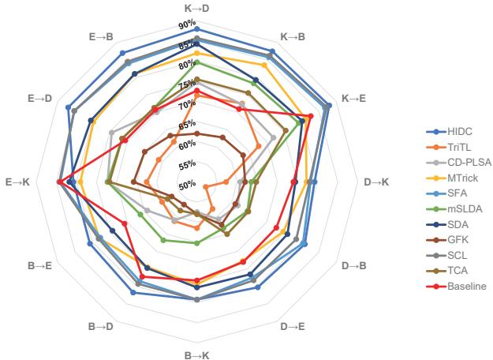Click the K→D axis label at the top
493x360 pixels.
196,8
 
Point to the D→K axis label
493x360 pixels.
376,182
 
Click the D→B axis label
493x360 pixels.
354,265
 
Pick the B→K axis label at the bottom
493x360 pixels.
196,354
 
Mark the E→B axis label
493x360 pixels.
99,37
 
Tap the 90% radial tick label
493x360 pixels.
185,24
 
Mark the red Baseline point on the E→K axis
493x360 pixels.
60,182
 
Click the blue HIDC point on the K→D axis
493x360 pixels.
197,28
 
